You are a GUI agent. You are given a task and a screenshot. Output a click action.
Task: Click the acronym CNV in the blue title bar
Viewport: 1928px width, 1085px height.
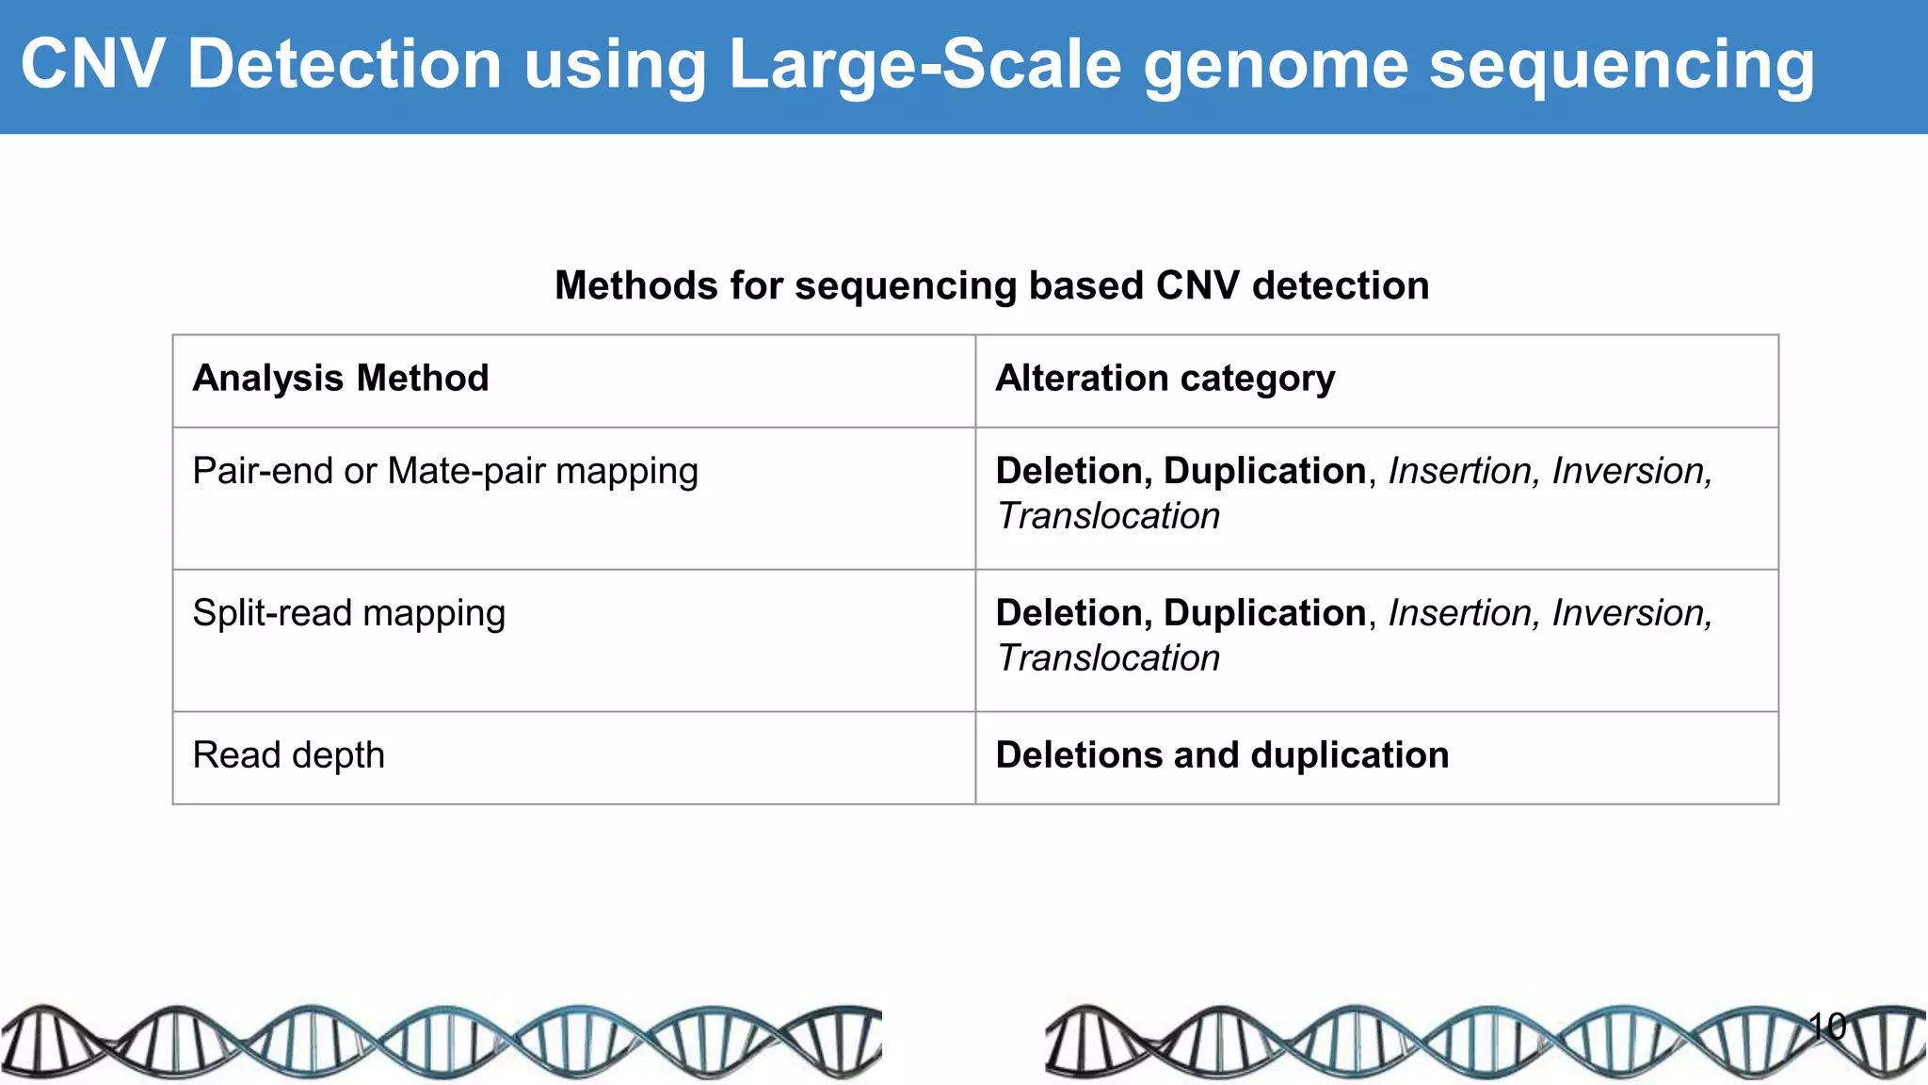tap(92, 64)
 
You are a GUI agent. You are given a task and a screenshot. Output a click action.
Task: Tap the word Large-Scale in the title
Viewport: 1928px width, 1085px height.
tap(925, 64)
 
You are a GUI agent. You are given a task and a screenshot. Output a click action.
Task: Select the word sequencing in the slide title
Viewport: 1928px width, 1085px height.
tap(1621, 66)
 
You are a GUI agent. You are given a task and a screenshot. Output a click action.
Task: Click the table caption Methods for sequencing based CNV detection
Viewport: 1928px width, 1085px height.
tap(991, 285)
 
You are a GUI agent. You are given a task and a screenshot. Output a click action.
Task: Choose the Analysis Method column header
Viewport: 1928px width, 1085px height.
tap(341, 379)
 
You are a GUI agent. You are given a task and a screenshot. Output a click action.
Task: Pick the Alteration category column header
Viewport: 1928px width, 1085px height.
tap(1165, 379)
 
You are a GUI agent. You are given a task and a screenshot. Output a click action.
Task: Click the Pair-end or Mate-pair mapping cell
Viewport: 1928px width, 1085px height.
tap(445, 471)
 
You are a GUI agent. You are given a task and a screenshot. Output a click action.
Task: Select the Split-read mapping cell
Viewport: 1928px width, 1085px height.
tap(348, 613)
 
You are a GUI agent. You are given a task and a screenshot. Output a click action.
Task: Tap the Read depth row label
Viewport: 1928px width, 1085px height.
tap(288, 755)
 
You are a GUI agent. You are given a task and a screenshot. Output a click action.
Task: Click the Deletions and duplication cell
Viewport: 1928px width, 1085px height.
tap(1222, 755)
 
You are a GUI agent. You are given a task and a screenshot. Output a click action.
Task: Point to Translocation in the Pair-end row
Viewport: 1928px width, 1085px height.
tap(1108, 516)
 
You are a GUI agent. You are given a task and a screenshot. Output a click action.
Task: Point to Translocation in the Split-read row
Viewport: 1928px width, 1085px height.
tap(1108, 658)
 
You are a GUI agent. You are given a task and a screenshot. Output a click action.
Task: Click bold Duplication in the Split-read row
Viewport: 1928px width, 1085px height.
tap(1264, 613)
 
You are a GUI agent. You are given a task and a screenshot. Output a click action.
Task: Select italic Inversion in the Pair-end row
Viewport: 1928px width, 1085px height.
tap(1631, 471)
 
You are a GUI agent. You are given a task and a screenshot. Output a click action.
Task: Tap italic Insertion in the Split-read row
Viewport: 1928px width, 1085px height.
tap(1461, 613)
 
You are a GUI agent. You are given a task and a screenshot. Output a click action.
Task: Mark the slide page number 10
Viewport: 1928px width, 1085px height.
tap(1826, 1026)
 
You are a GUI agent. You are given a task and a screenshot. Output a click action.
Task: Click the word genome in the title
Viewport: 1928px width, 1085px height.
tap(1276, 66)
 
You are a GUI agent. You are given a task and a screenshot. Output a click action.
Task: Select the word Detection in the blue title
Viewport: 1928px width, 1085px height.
tap(345, 64)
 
